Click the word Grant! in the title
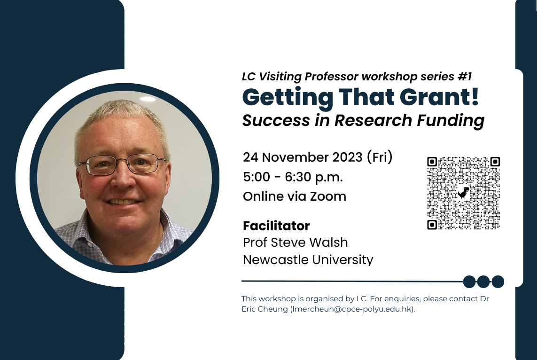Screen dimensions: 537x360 (x=439, y=97)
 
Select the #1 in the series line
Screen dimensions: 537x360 (x=464, y=77)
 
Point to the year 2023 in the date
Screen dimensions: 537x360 (x=347, y=157)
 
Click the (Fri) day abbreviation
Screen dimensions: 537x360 (x=380, y=157)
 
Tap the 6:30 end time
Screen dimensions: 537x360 (x=298, y=177)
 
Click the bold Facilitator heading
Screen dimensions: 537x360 (x=276, y=226)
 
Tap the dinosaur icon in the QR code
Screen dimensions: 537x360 (x=464, y=193)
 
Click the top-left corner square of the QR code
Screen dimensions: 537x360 (x=432, y=162)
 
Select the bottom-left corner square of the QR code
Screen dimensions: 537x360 (x=432, y=225)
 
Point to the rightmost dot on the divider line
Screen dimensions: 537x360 (x=498, y=282)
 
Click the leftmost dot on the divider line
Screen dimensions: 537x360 (x=469, y=282)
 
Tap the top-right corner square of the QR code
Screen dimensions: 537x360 (x=495, y=162)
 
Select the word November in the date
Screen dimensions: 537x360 (x=296, y=157)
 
